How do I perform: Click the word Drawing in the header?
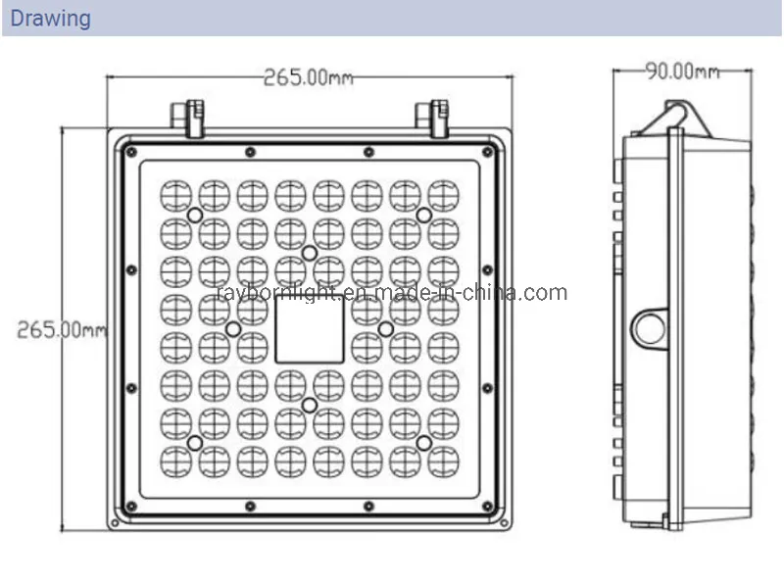point(51,19)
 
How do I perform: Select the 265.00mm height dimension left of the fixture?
point(62,329)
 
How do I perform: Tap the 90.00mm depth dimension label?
point(682,71)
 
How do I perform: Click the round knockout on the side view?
point(650,327)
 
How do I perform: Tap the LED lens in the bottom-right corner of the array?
point(443,461)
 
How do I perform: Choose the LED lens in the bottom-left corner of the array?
point(175,461)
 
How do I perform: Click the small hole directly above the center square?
point(309,254)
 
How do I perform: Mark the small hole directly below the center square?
point(309,405)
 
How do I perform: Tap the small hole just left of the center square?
point(233,329)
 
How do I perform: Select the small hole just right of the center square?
point(385,328)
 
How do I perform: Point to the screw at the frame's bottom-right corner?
point(488,507)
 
